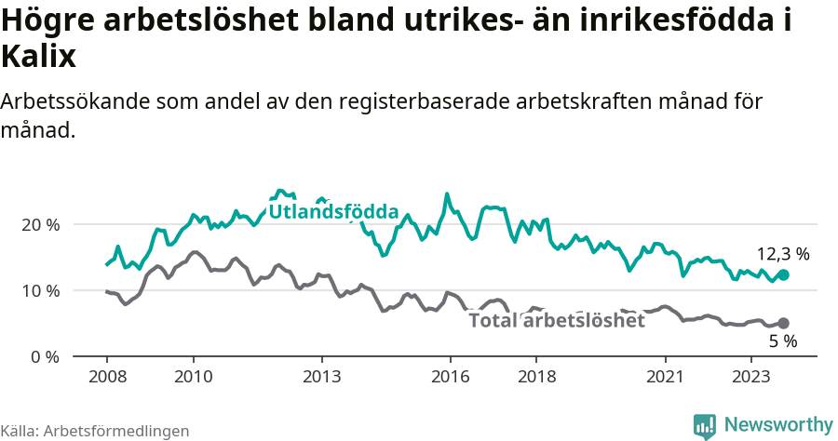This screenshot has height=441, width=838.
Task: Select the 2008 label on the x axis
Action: pyautogui.click(x=106, y=378)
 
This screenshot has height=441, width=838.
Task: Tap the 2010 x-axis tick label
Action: pyautogui.click(x=193, y=378)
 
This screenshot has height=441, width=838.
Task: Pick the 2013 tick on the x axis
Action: pyautogui.click(x=322, y=378)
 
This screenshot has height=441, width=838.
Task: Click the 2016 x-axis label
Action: pyautogui.click(x=451, y=378)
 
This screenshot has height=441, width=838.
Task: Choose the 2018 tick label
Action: pyautogui.click(x=536, y=378)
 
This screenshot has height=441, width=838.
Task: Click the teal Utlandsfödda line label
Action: pyautogui.click(x=333, y=212)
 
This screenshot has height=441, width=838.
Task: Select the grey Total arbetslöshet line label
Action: pyautogui.click(x=556, y=321)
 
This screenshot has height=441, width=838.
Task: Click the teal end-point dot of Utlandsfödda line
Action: pyautogui.click(x=783, y=275)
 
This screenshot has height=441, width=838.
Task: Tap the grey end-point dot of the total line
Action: pyautogui.click(x=783, y=324)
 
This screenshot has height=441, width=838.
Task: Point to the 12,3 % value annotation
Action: pyautogui.click(x=782, y=253)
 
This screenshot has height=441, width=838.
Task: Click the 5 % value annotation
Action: pyautogui.click(x=782, y=341)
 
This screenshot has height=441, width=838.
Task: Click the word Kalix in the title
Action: pyautogui.click(x=38, y=58)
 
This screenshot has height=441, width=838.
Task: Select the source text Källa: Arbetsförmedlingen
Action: pyautogui.click(x=95, y=431)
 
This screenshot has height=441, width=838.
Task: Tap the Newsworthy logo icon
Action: pyautogui.click(x=705, y=426)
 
